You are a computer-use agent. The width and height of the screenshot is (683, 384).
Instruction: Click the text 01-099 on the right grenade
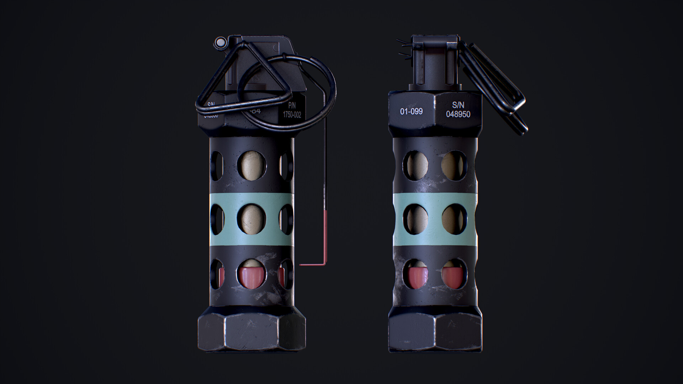pos(411,111)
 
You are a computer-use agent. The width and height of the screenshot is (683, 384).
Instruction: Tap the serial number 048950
pos(458,114)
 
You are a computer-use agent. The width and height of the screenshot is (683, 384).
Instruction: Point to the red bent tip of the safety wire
pos(313,264)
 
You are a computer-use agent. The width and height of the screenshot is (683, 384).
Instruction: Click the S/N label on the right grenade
pos(458,105)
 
